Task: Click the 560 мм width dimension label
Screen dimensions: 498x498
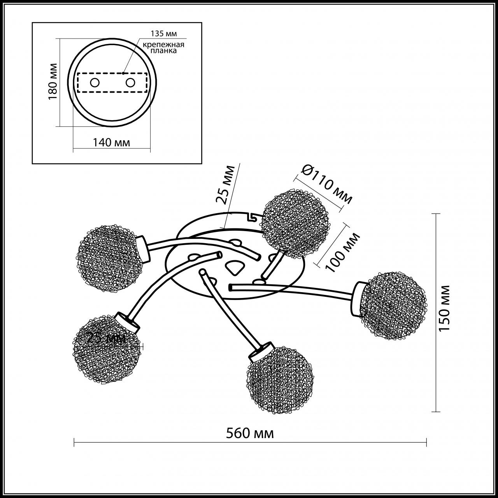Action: pyautogui.click(x=250, y=433)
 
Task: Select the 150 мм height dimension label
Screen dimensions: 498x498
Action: pyautogui.click(x=444, y=308)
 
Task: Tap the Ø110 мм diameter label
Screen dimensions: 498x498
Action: pyautogui.click(x=327, y=184)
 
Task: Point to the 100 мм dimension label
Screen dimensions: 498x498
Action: pyautogui.click(x=342, y=252)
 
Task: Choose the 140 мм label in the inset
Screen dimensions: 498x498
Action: pyautogui.click(x=111, y=142)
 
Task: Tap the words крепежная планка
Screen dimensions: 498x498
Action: pyautogui.click(x=163, y=48)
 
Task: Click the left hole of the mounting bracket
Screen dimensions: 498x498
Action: pyautogui.click(x=95, y=82)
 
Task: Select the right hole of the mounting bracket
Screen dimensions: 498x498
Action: pyautogui.click(x=130, y=82)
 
